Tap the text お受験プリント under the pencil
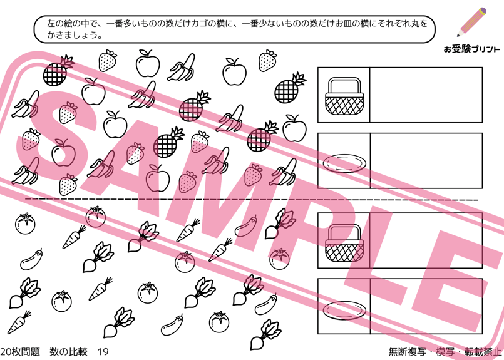tap(471, 49)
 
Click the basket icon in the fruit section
tap(344, 96)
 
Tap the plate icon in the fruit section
tap(344, 163)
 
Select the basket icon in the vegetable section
tap(344, 244)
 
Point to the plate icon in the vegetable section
tap(344, 309)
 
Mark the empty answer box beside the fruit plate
tap(426, 161)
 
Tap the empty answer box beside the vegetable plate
tap(426, 306)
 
